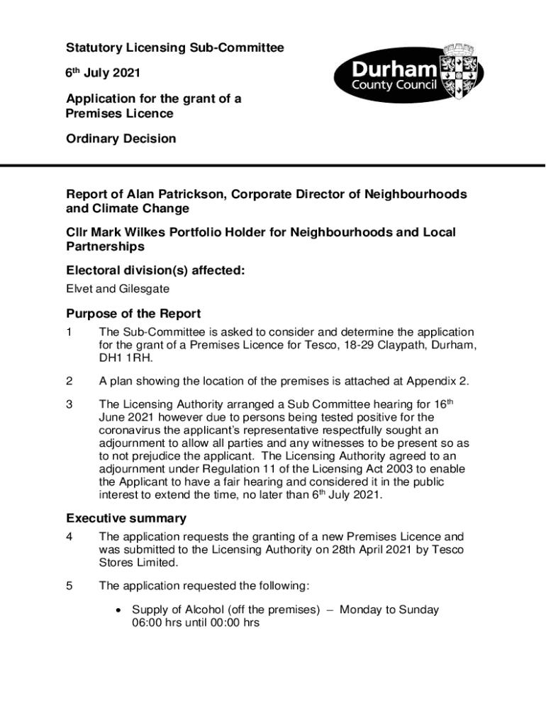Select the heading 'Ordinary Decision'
click(x=121, y=139)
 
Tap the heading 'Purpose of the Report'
click(x=133, y=314)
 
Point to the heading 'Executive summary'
click(x=126, y=518)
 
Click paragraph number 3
click(x=69, y=405)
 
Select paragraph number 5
click(x=69, y=586)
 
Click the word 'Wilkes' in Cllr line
click(x=156, y=232)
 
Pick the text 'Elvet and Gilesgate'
click(x=118, y=289)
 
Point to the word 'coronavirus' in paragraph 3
click(x=132, y=430)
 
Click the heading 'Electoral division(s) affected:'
click(x=155, y=270)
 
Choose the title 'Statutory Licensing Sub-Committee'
click(x=175, y=48)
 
